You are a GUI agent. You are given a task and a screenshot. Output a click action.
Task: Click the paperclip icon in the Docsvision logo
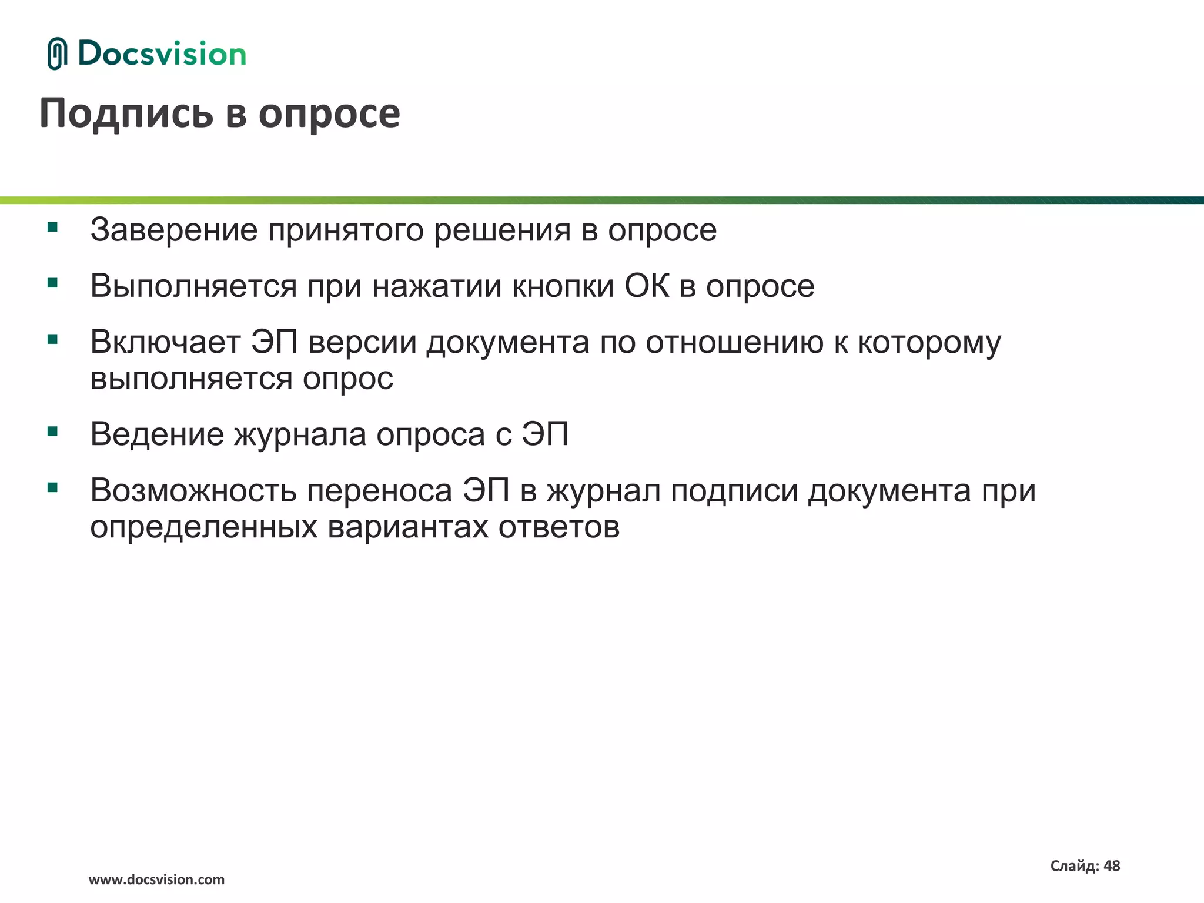coord(57,54)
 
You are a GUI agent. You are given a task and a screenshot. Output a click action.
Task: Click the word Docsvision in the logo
coord(162,54)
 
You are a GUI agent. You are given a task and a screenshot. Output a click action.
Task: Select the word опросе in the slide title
coord(329,114)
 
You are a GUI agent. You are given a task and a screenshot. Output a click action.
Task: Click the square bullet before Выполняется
coord(53,283)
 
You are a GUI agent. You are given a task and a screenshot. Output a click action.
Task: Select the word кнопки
coord(563,286)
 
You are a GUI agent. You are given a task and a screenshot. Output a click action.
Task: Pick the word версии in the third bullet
coord(362,342)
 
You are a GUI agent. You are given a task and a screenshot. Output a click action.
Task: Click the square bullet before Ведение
coord(53,432)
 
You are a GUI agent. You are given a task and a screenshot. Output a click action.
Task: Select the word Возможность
coord(193,491)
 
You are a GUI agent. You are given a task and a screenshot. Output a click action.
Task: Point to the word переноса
coord(380,491)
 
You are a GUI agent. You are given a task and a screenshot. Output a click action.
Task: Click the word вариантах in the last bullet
coord(408,527)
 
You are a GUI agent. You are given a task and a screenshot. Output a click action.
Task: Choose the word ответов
coord(559,527)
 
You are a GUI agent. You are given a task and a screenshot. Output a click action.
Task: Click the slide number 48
coord(1112,866)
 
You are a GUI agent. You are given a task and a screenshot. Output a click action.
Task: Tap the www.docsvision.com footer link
coord(156,880)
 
